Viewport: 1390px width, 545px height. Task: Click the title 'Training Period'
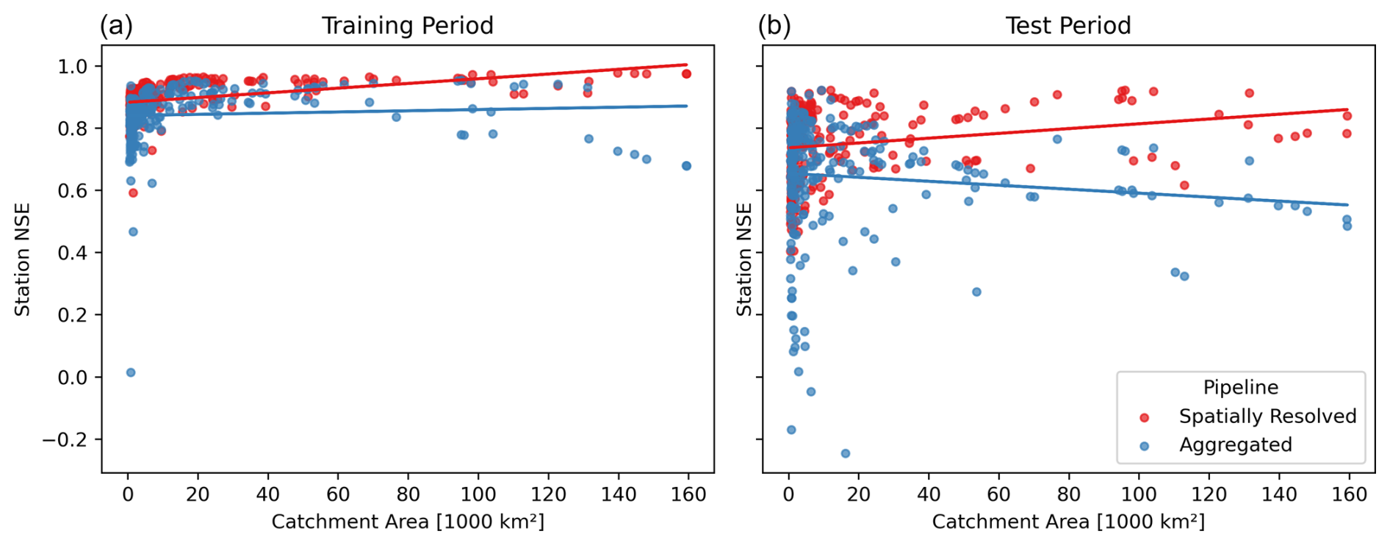click(x=407, y=26)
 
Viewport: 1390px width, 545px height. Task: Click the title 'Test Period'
click(x=1067, y=26)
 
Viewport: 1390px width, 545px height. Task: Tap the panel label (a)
click(x=116, y=26)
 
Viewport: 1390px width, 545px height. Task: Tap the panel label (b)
click(x=774, y=26)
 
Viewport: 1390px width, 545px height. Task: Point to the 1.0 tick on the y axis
click(x=72, y=66)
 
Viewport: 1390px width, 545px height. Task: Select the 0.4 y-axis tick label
click(x=72, y=253)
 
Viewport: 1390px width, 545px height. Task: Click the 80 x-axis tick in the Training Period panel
click(x=408, y=494)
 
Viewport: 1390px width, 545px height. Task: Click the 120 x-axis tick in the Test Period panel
click(x=1209, y=494)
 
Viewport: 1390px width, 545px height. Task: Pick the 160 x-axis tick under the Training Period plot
click(x=688, y=494)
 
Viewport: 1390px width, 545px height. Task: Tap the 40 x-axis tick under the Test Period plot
click(x=929, y=494)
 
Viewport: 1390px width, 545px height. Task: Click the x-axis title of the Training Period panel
click(x=408, y=522)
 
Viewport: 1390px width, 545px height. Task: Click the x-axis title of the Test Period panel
click(x=1068, y=522)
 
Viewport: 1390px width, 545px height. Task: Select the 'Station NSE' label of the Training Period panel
click(x=23, y=260)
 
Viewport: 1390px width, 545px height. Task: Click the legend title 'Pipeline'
click(x=1240, y=388)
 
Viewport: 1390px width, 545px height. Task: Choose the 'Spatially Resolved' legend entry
click(x=1267, y=416)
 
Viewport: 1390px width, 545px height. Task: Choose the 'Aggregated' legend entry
click(x=1235, y=445)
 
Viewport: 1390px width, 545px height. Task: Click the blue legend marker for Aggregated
click(x=1144, y=446)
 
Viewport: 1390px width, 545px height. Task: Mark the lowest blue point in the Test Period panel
click(x=845, y=454)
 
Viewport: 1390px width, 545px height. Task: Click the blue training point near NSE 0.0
click(x=131, y=372)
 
